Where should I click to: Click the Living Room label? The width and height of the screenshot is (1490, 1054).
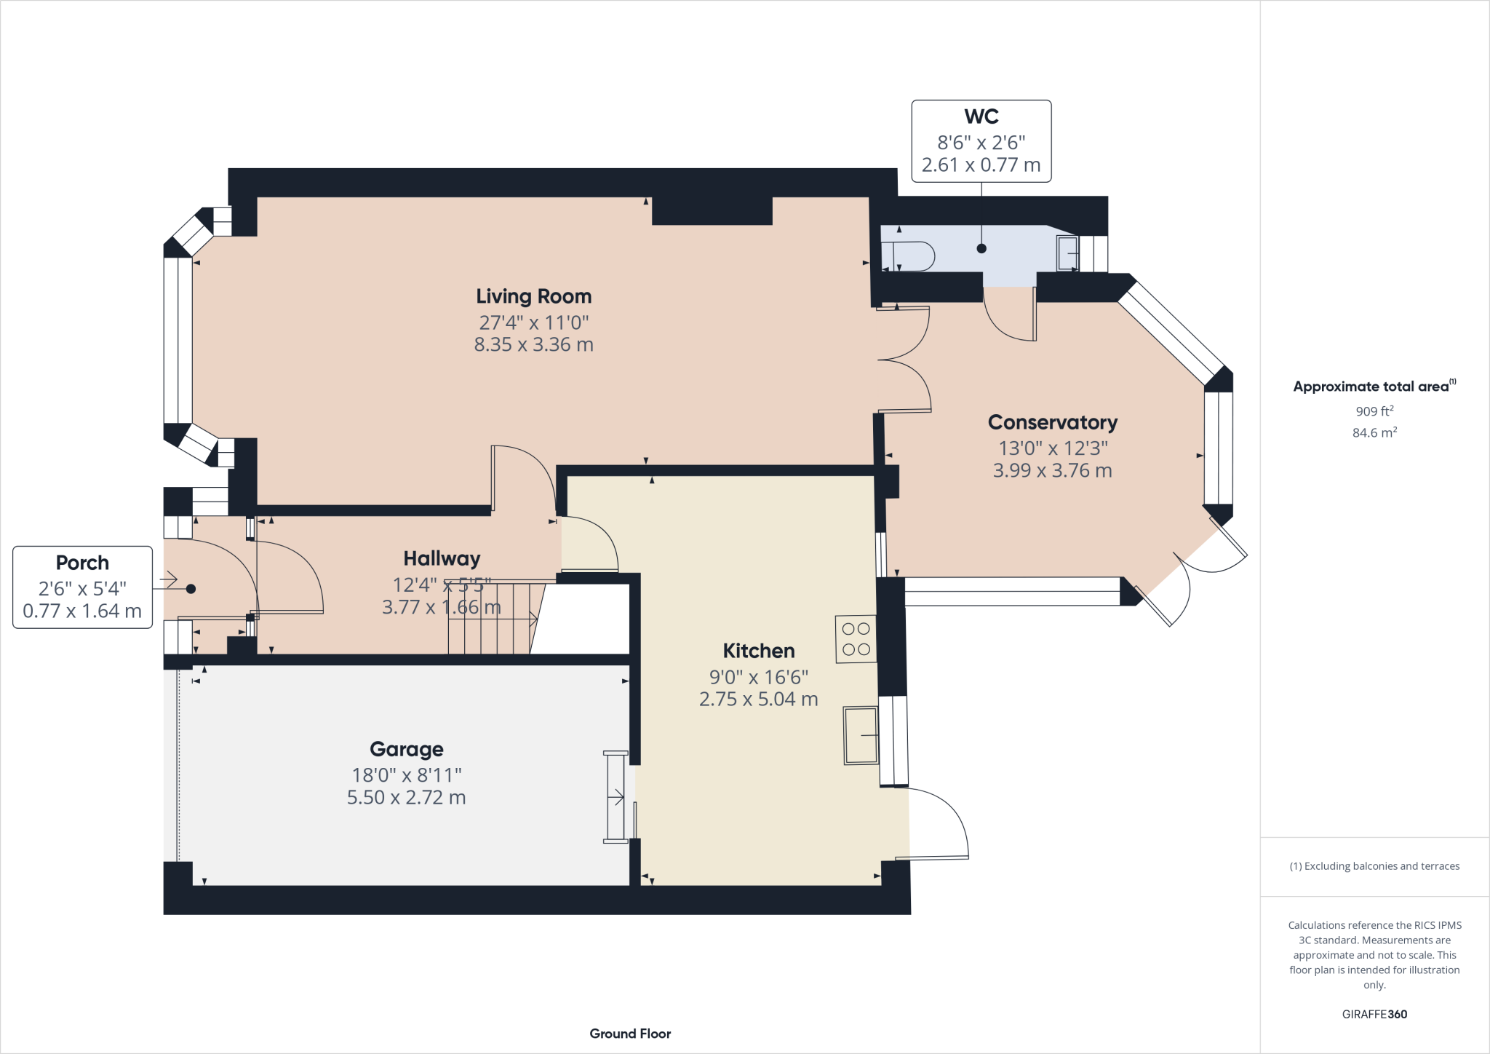pos(533,296)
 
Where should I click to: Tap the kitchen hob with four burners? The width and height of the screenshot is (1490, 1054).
pos(856,639)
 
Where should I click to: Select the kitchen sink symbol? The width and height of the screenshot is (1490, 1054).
pos(861,735)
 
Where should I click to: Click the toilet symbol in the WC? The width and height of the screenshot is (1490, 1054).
pos(909,256)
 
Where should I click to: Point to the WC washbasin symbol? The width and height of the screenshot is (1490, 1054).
pos(1067,253)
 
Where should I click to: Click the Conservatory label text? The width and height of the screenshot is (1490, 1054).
pos(1052,422)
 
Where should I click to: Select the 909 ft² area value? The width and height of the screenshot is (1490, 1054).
pos(1374,411)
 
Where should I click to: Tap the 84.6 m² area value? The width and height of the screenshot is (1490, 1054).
pos(1374,432)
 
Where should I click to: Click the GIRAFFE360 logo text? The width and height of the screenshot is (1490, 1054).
pos(1374,1014)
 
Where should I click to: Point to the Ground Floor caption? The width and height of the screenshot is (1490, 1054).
pos(630,1034)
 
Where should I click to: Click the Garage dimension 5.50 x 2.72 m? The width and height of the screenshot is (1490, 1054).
pos(406,798)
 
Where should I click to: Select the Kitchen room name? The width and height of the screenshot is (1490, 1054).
pos(758,651)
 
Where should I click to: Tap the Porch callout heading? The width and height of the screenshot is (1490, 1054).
pos(82,563)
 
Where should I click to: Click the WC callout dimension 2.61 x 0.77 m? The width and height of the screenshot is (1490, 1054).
pos(981,165)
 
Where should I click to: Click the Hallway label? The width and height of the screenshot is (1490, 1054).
pos(442,558)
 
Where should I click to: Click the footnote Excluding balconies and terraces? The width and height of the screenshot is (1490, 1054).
pos(1374,866)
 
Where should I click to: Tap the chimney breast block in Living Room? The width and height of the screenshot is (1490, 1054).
pos(712,211)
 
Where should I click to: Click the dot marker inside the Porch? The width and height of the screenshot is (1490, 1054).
pos(191,589)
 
